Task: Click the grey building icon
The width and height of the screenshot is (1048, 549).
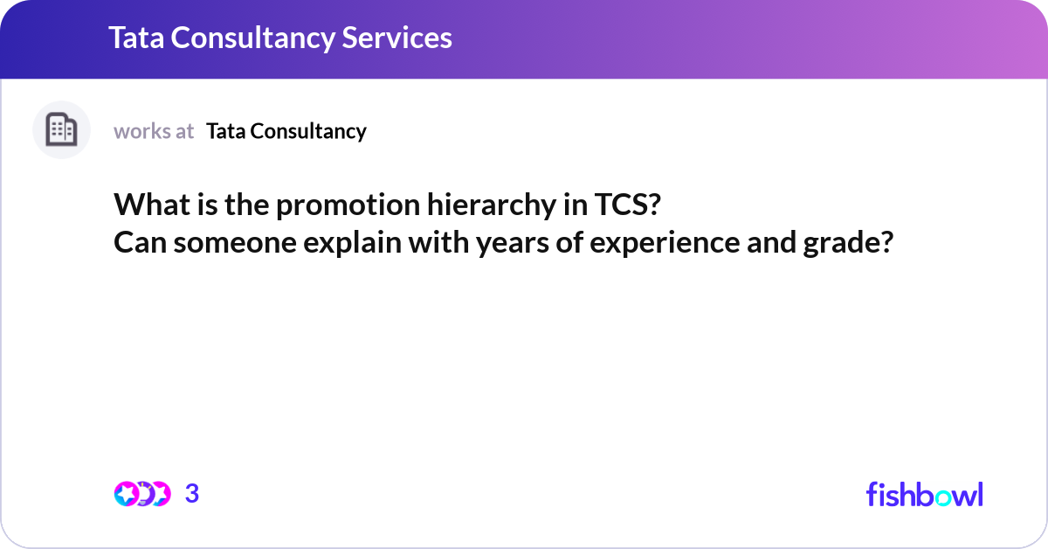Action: coord(61,130)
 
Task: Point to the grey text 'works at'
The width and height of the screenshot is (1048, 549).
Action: coord(154,131)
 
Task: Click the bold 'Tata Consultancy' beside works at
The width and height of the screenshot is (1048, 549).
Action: coord(286,131)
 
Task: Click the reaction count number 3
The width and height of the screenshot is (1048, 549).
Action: coord(192,494)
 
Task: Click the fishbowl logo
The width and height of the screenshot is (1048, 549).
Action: coord(924,494)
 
